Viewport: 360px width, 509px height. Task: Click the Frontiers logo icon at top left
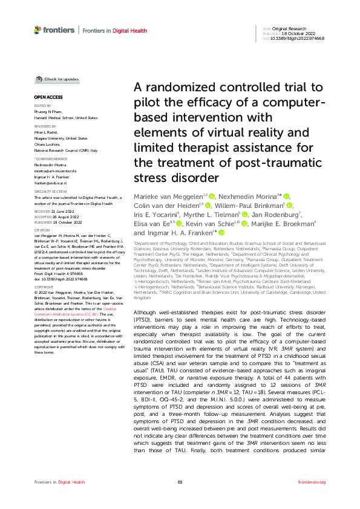(38, 30)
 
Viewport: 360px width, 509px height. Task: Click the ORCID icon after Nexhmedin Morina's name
(287, 196)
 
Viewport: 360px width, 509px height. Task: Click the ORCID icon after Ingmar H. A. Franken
(205, 232)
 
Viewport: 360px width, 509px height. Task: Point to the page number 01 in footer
(180, 499)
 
